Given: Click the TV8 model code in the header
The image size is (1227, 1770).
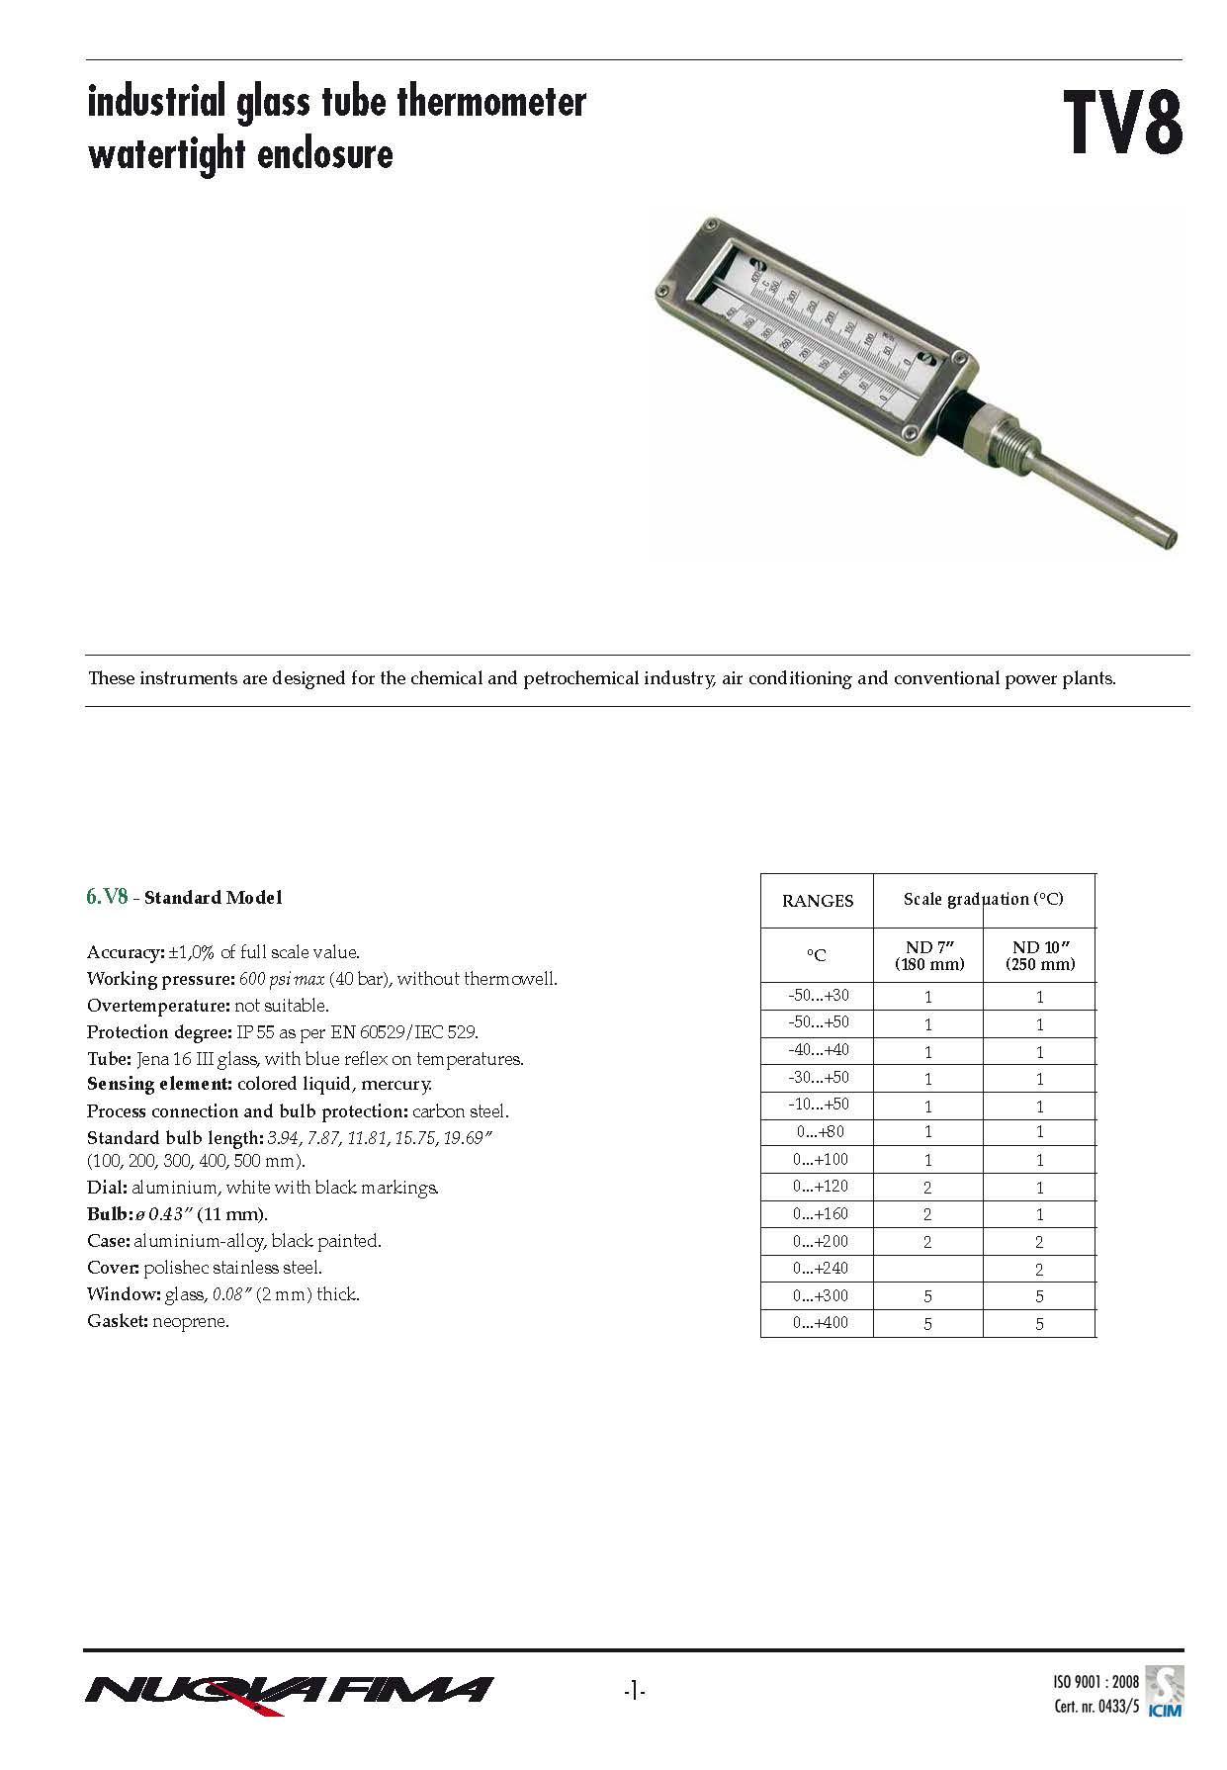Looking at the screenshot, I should click(x=1123, y=124).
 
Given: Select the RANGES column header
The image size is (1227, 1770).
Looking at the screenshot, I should click(x=817, y=901).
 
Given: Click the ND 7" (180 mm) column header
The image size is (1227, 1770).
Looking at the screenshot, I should click(x=928, y=955).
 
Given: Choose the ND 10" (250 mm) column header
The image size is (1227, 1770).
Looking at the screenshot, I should click(x=1039, y=955).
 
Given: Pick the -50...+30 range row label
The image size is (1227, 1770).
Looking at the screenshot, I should click(x=818, y=996).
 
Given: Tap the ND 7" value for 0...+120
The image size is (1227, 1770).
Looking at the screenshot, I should click(x=927, y=1188).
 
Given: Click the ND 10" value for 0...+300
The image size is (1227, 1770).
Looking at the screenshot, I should click(x=1039, y=1296).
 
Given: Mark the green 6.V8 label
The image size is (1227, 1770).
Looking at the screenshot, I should click(x=107, y=897).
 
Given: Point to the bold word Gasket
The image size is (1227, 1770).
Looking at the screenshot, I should click(x=118, y=1321).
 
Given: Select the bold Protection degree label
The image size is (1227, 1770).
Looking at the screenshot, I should click(x=159, y=1032).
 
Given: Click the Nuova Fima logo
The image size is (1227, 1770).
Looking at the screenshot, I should click(x=289, y=1692).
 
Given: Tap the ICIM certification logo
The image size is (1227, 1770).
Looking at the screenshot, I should click(x=1164, y=1692).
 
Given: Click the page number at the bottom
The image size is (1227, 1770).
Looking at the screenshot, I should click(x=634, y=1692).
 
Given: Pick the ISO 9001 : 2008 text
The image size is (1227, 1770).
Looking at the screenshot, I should click(x=1095, y=1681).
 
